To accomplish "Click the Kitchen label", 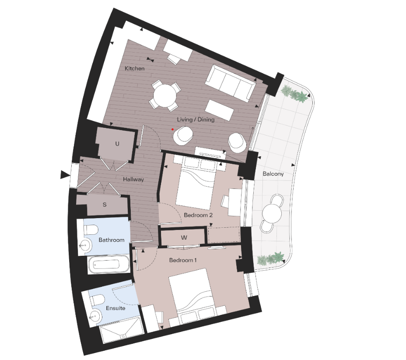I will coord(134,69).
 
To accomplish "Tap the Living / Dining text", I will coord(196,120).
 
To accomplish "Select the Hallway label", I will coord(133,180).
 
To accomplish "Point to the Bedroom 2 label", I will coord(198,215).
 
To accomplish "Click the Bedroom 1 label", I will coord(183,261).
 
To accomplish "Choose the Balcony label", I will coord(273,174).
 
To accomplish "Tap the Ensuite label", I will coord(115,308).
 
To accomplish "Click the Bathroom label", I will coord(111,240).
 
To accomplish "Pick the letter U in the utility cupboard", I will coord(117,144).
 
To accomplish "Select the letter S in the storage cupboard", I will coord(105,205).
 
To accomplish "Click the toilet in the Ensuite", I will coord(98,299).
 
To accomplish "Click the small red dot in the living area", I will coord(173,129).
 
